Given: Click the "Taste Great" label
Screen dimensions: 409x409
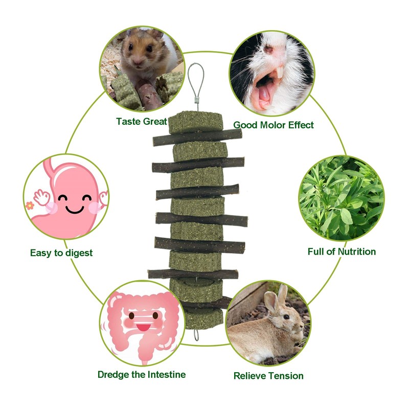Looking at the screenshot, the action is (x=142, y=122).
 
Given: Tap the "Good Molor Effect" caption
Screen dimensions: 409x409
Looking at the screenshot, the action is (x=274, y=125).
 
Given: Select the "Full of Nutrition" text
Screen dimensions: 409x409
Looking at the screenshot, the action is (x=342, y=252).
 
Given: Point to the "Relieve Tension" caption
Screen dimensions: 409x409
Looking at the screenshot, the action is (x=268, y=376).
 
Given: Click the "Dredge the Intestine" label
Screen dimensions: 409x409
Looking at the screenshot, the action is (x=142, y=375).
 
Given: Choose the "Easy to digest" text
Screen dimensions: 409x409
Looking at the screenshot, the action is (x=61, y=253).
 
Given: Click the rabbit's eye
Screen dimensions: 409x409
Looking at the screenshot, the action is (x=287, y=316).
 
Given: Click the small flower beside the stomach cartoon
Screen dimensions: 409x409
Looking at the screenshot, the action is (x=29, y=206).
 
